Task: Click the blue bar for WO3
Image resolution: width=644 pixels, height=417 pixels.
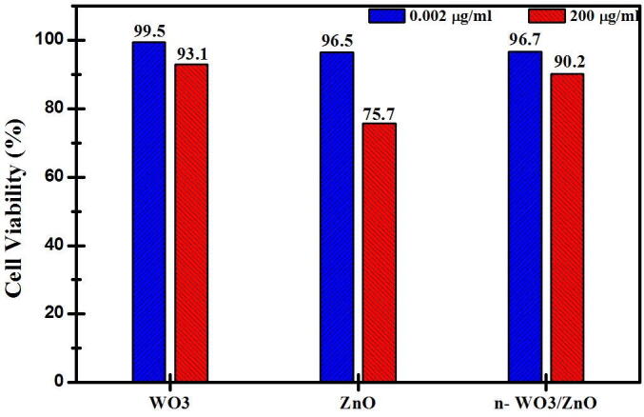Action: tap(148, 211)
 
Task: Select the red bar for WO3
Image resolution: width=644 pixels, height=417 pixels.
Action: tap(190, 223)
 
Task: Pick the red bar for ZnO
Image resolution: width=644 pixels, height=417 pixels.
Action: tap(379, 252)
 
